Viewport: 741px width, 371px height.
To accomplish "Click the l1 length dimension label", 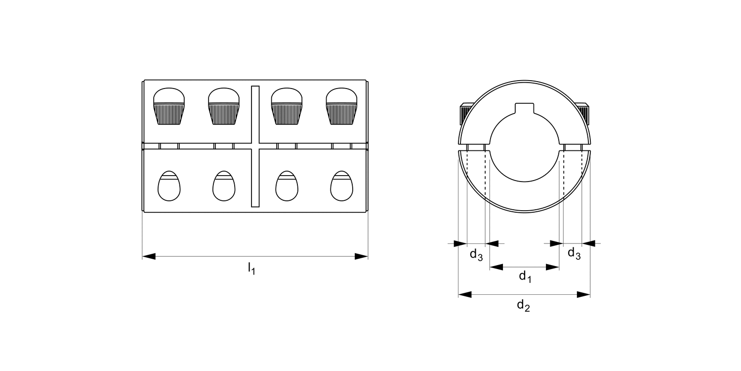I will [251, 269].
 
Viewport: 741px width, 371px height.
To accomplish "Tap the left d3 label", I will [476, 255].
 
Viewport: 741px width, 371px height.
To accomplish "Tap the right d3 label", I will [574, 253].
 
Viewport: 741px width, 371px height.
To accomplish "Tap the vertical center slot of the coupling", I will [255, 146].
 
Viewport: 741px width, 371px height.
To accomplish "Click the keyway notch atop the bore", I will [525, 108].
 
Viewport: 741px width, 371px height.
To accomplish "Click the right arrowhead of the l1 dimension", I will [361, 256].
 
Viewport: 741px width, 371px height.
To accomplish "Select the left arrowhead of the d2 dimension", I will [465, 295].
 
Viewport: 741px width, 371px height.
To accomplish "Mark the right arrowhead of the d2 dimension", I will [584, 295].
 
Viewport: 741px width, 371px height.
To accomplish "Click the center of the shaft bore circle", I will [525, 147].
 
